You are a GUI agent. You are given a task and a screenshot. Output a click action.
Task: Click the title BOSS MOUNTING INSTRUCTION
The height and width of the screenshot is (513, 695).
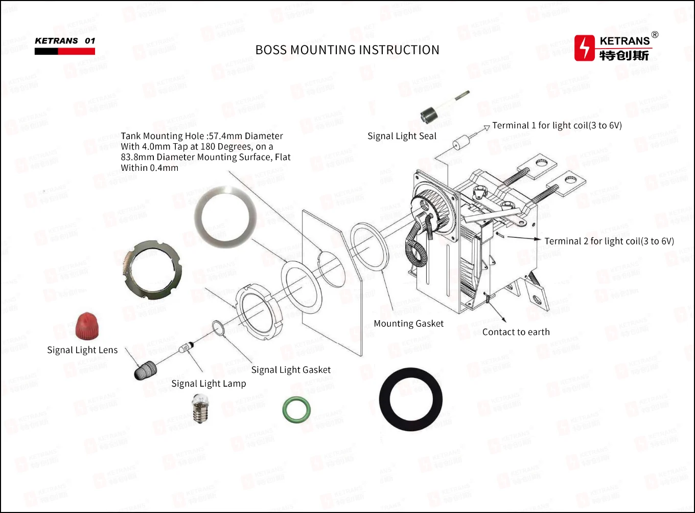point(347,50)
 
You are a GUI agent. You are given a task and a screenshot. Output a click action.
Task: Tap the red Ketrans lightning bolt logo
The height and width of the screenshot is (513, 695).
point(584,48)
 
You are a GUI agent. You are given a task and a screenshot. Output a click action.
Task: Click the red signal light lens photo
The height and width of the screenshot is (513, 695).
point(87,326)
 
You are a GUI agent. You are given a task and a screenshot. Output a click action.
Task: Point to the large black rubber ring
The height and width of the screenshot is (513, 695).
point(410,399)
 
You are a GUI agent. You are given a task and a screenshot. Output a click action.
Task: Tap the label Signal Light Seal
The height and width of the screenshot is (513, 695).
point(402,136)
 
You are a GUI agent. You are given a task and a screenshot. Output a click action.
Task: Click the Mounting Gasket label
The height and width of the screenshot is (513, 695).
point(408,323)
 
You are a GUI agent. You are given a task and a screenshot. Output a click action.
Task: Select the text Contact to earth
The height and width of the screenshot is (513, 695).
point(516,332)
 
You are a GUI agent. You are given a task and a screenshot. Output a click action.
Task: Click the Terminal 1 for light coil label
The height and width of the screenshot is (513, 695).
point(557,125)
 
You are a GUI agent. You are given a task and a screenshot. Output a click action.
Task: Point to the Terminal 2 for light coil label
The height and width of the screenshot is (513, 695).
point(609,241)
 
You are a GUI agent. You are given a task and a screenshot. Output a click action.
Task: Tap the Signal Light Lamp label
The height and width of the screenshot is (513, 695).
point(208,384)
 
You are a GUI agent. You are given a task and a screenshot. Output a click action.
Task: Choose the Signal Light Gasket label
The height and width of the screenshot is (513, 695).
point(291,370)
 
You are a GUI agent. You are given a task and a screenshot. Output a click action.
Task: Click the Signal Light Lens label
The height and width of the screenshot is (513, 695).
point(82,350)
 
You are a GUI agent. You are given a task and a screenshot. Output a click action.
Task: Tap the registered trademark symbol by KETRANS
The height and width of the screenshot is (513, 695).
point(655,35)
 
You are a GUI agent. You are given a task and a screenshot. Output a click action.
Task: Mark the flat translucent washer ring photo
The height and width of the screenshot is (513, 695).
point(225,215)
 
